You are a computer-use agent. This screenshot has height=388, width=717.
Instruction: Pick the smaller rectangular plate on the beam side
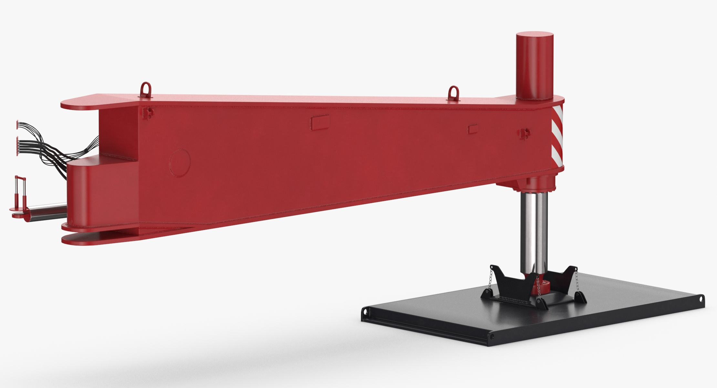click(473, 129)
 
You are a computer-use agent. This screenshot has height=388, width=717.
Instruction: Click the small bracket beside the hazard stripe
click(524, 133)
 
